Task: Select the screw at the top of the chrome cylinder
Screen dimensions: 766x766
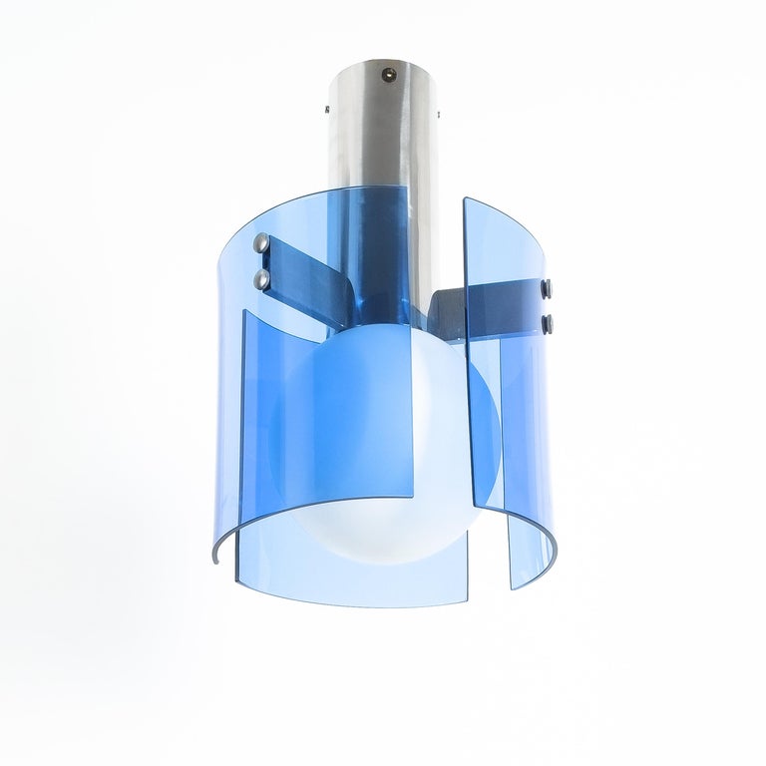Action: [x=385, y=71]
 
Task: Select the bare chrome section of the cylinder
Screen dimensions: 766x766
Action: [x=384, y=150]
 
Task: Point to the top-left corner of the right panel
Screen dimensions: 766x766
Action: [x=464, y=200]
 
